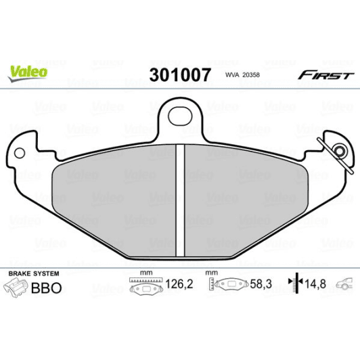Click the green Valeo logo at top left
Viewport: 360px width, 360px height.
pyautogui.click(x=28, y=70)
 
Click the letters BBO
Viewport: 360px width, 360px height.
pyautogui.click(x=47, y=288)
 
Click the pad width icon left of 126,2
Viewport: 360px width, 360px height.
pyautogui.click(x=143, y=286)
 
